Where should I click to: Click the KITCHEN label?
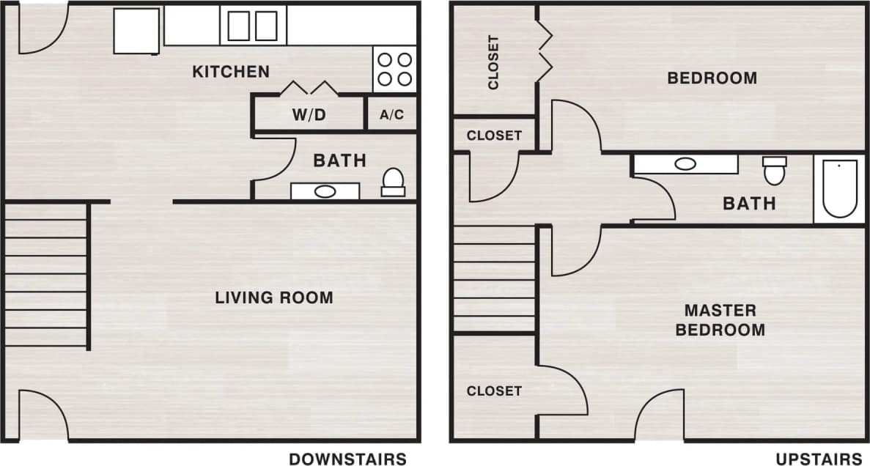(231, 72)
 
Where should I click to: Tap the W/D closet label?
(309, 115)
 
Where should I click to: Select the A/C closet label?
(391, 115)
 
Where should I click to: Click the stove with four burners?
(394, 69)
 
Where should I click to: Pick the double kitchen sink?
(253, 26)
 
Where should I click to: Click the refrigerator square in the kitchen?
(137, 31)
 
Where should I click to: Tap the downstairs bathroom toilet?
(393, 182)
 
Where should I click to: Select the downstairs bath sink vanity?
(325, 191)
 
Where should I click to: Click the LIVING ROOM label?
(274, 297)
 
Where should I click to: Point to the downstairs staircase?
(45, 274)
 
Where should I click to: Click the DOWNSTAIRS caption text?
(347, 459)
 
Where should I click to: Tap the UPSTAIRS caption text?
(819, 459)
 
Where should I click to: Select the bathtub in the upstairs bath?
(839, 189)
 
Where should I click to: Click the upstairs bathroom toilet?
(774, 170)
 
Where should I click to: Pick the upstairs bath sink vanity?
(685, 164)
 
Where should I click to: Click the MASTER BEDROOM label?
(720, 320)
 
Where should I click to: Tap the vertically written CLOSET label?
(493, 62)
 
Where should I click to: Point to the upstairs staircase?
(494, 278)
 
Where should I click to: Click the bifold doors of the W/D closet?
(309, 88)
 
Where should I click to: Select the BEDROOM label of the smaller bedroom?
(712, 78)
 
